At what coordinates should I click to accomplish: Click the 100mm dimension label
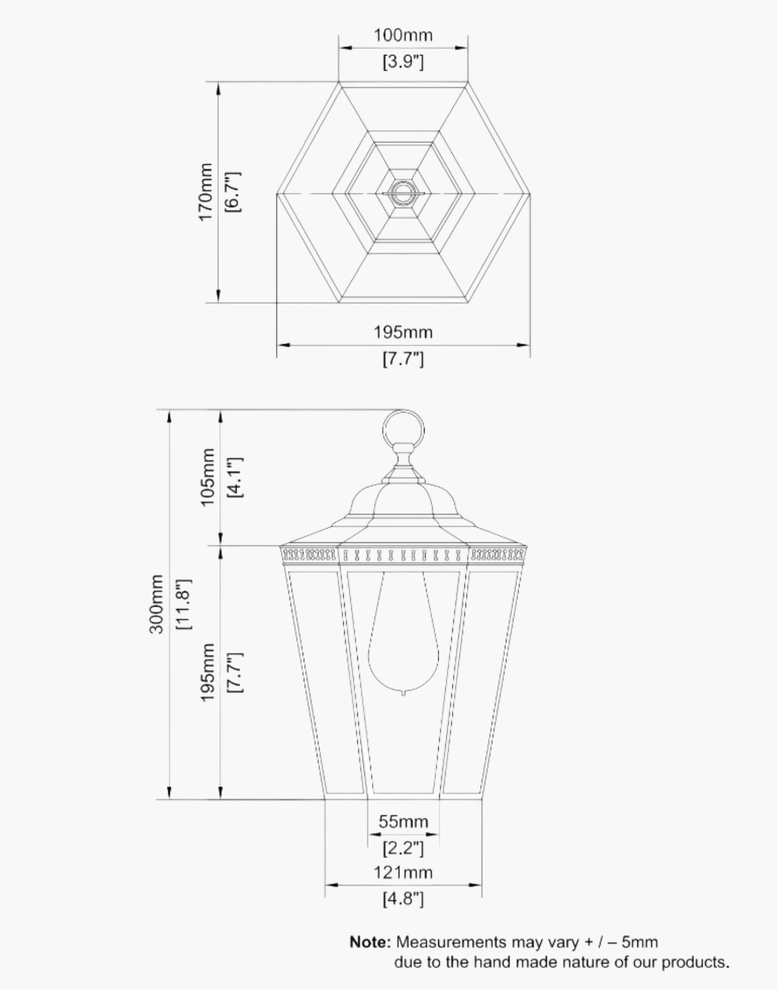click(403, 35)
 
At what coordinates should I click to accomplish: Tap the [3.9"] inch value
click(403, 62)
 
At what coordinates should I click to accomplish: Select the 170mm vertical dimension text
click(206, 192)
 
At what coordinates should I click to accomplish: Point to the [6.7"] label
click(233, 192)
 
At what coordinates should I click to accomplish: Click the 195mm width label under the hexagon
click(403, 332)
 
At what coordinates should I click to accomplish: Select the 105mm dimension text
click(208, 477)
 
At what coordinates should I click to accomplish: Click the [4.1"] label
click(234, 477)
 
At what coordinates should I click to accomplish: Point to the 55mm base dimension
click(403, 822)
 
